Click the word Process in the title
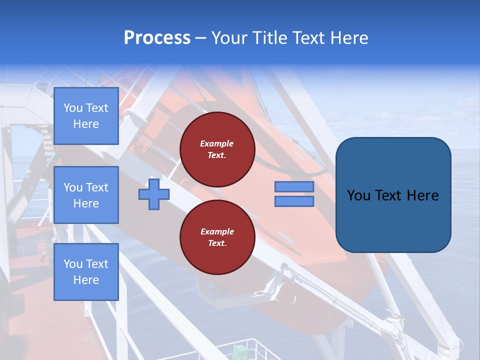[x=157, y=38]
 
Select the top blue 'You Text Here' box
[x=86, y=116]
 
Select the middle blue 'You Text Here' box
[x=86, y=195]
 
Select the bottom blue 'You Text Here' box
[x=86, y=271]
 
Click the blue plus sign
[x=154, y=194]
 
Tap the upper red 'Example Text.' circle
[x=217, y=149]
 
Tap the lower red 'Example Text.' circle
[x=217, y=237]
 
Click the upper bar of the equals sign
[x=294, y=186]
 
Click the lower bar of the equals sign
[x=294, y=201]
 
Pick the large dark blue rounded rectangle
[x=393, y=220]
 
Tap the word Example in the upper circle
[x=217, y=143]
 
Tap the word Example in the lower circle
[x=217, y=231]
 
